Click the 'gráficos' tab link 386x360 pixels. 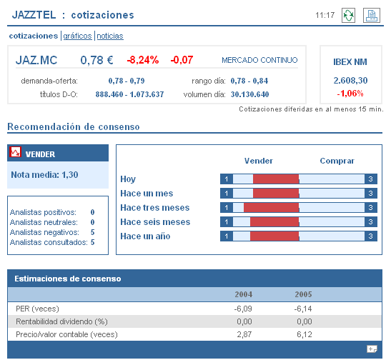coord(78,36)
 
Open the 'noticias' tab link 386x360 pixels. coord(109,36)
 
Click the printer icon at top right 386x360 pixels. coord(370,16)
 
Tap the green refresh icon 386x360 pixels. coord(348,16)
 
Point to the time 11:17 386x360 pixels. coord(325,15)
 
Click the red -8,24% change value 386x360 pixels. coord(143,60)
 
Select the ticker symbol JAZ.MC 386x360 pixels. coord(36,60)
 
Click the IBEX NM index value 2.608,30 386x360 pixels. coord(350,81)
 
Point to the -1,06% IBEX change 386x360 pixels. coord(350,94)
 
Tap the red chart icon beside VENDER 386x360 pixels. coord(16,153)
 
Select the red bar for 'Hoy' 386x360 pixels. coord(276,179)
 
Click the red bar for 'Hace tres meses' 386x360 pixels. coord(271,208)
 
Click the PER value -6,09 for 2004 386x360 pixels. coord(244,308)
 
